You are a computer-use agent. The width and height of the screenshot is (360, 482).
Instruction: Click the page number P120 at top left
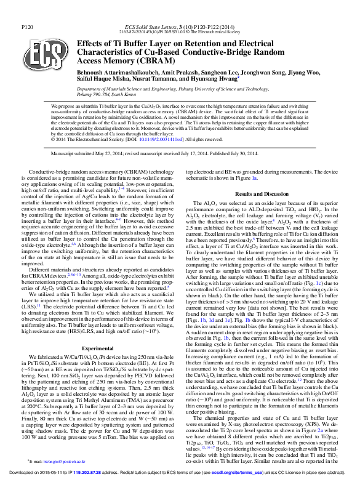click(27, 28)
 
